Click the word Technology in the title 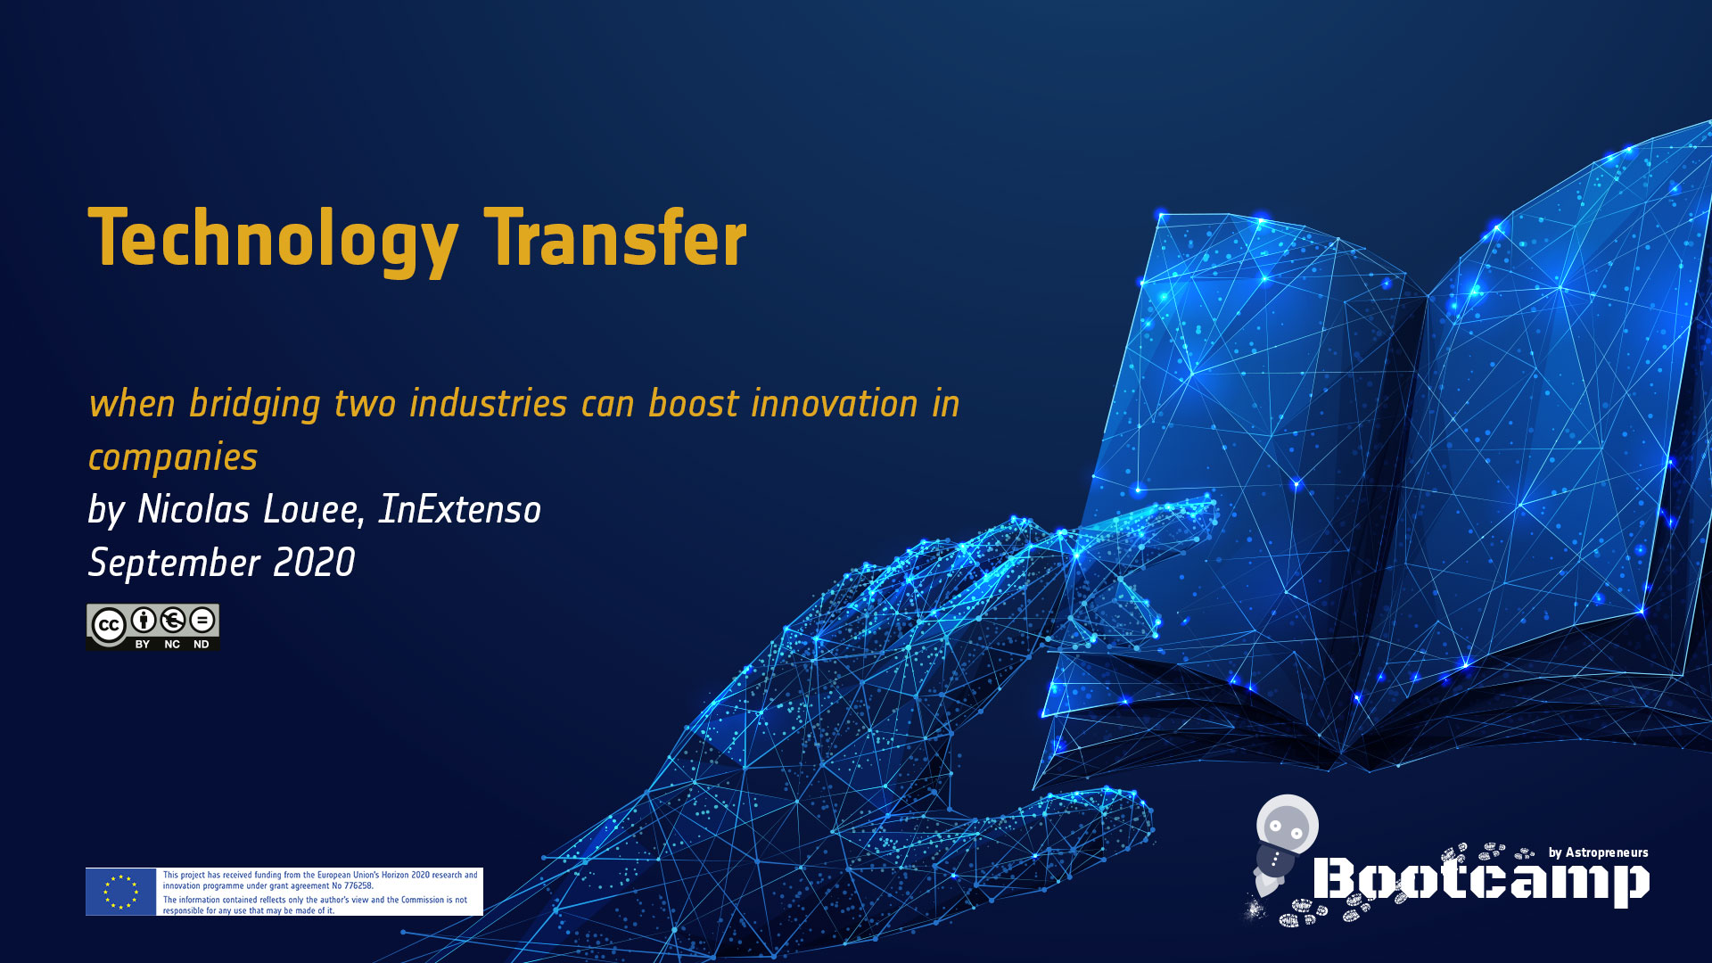(273, 240)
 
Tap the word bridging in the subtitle (254, 405)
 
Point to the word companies (173, 458)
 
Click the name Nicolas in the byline (193, 509)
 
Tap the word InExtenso (459, 509)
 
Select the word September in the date (174, 564)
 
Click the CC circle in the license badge (109, 625)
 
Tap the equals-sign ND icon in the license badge (202, 620)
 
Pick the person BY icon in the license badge (143, 620)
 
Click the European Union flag (120, 892)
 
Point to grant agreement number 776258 (358, 886)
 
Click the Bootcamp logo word (1481, 880)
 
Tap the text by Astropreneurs (1598, 852)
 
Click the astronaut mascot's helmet (1287, 825)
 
